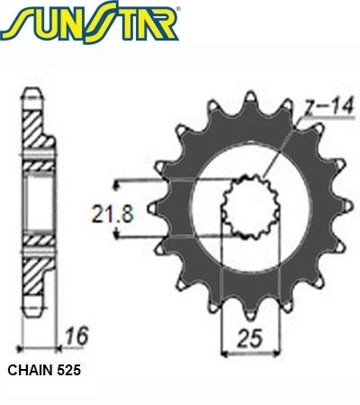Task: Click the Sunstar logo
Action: tap(90, 22)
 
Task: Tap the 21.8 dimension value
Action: tap(112, 213)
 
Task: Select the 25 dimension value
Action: tap(250, 338)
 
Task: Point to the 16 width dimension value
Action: tap(77, 336)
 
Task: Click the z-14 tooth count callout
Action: tap(329, 106)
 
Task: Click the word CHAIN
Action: tap(30, 370)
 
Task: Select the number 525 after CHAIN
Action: tap(68, 370)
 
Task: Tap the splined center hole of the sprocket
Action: tap(251, 207)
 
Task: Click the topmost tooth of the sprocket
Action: tap(250, 97)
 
